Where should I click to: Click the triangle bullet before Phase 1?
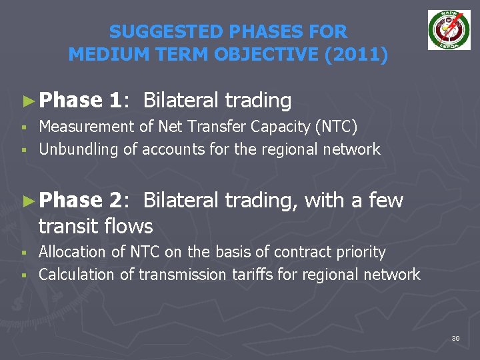[x=27, y=101]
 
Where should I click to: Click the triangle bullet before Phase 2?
[x=27, y=201]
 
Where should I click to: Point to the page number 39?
[x=455, y=339]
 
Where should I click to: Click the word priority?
[x=361, y=252]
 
